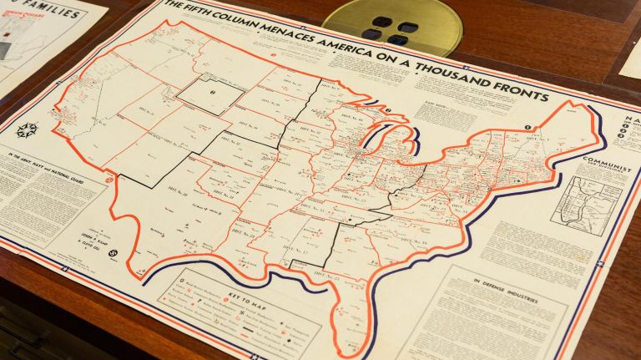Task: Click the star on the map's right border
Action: [x=599, y=263]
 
